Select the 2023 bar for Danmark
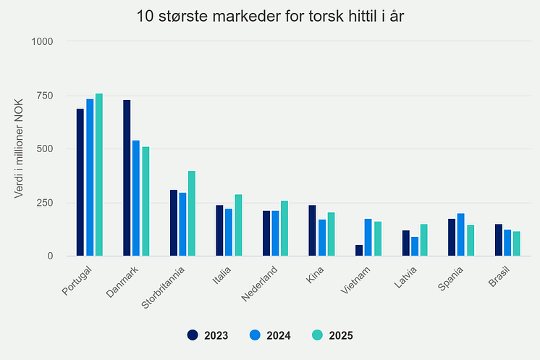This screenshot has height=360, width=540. [x=127, y=177]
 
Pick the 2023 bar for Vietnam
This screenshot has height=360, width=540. [x=359, y=250]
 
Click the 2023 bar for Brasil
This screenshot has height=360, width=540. [x=499, y=240]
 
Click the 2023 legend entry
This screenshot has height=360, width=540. [x=208, y=335]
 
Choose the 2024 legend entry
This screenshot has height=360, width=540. [x=270, y=335]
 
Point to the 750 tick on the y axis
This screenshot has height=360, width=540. [x=44, y=95]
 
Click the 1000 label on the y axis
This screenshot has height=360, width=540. [x=43, y=41]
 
